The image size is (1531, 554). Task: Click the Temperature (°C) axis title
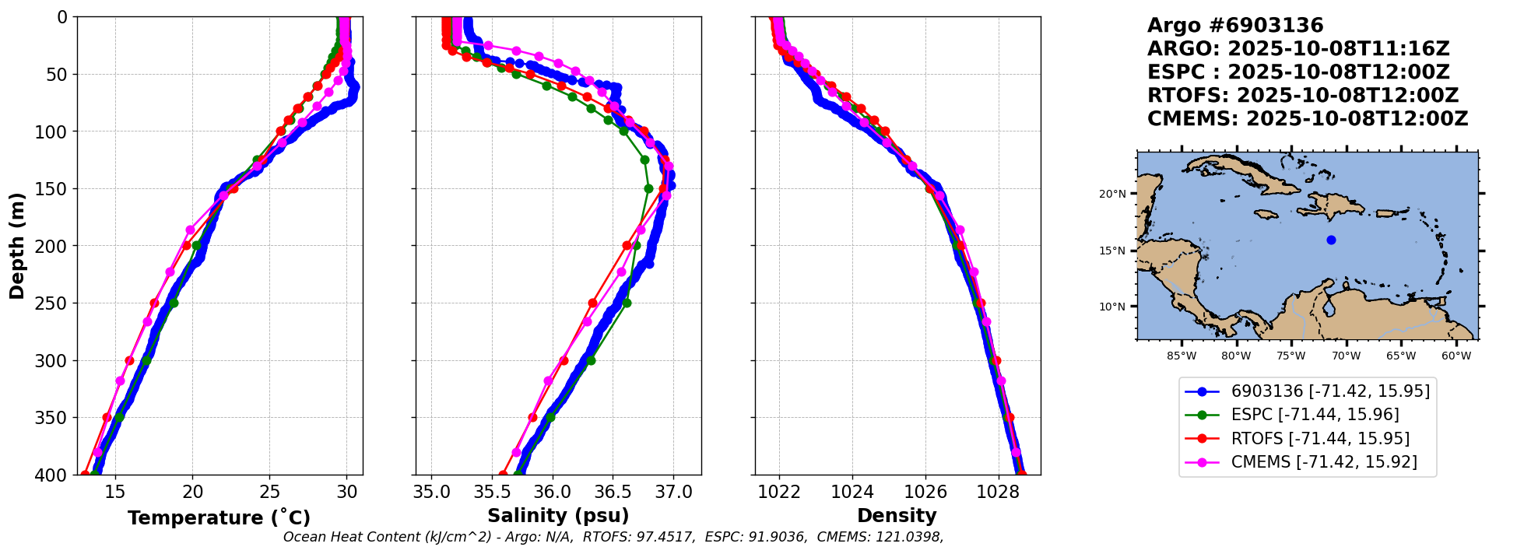[x=219, y=518]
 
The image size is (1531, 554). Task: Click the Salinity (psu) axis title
[x=558, y=516]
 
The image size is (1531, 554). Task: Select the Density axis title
[x=897, y=516]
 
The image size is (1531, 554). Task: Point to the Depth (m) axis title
[x=17, y=246]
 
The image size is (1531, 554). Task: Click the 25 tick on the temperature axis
[x=269, y=492]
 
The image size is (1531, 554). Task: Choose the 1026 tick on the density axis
[x=925, y=492]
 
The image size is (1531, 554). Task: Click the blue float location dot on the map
[x=1331, y=240]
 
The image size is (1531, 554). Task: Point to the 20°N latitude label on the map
[x=1112, y=194]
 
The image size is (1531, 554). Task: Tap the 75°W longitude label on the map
[x=1290, y=356]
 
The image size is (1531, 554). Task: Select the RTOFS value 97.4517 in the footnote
[x=667, y=537]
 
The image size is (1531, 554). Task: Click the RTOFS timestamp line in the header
[x=1303, y=96]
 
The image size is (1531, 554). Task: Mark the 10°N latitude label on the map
[x=1112, y=307]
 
